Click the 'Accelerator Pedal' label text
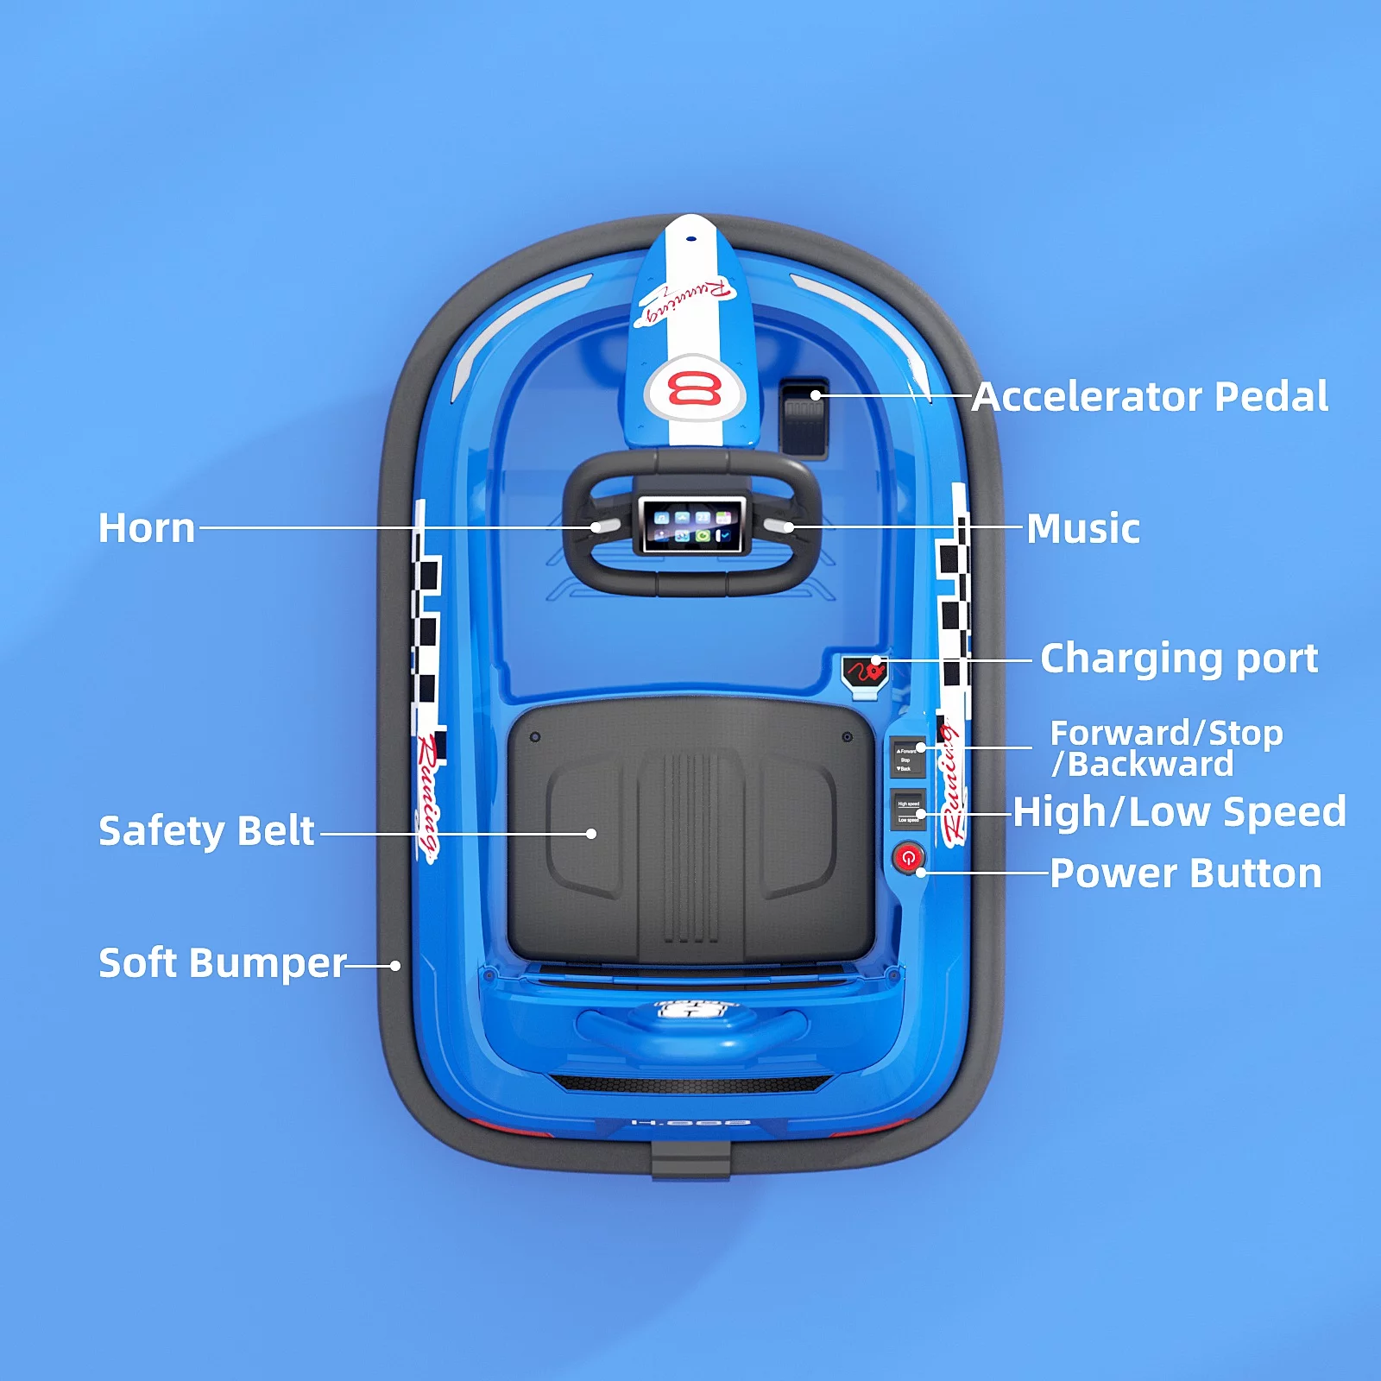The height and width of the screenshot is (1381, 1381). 1150,397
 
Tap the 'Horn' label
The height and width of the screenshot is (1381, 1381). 147,528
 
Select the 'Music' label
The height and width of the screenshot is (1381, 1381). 1083,528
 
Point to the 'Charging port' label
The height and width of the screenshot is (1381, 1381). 1179,659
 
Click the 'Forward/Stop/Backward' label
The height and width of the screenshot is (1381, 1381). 1165,748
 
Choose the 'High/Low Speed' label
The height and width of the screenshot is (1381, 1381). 1179,812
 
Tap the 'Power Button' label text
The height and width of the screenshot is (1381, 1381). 1186,873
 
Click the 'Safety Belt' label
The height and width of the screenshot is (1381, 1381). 206,831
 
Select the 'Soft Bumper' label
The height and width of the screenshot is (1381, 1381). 222,963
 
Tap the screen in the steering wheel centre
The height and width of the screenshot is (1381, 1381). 692,525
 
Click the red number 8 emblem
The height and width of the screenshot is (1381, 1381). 695,389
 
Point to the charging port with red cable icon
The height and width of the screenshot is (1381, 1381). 865,672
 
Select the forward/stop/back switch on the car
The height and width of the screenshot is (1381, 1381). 907,757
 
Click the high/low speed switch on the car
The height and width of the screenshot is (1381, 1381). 908,810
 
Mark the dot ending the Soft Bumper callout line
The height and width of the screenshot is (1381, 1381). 395,966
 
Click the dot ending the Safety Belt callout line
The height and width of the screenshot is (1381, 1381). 591,834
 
